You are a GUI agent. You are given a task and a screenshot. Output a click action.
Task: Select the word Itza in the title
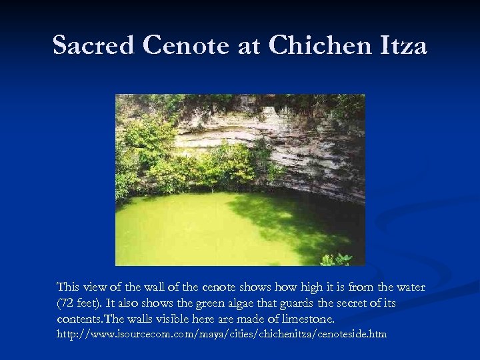click(x=401, y=45)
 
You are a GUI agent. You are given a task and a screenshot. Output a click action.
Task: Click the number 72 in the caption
click(x=67, y=303)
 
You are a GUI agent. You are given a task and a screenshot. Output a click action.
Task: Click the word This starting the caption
click(x=68, y=287)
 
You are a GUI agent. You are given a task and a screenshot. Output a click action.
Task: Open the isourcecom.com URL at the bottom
click(x=221, y=333)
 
